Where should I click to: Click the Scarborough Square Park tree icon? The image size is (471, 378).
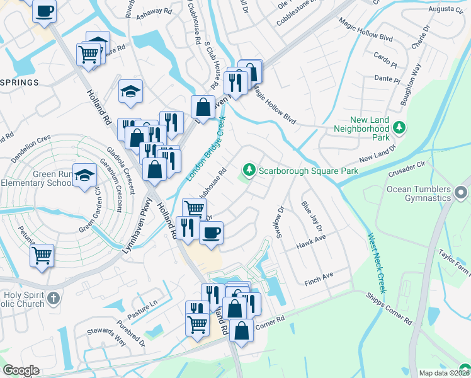(249, 170)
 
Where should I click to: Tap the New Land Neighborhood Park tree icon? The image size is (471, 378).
(399, 128)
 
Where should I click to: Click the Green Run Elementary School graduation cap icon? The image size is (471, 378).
(83, 177)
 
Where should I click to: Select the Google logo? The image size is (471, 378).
(21, 370)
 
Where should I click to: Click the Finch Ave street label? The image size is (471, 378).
(319, 277)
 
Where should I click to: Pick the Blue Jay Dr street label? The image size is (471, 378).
(311, 216)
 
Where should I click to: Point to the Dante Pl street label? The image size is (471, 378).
(387, 79)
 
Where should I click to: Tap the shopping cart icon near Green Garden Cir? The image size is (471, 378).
(42, 256)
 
